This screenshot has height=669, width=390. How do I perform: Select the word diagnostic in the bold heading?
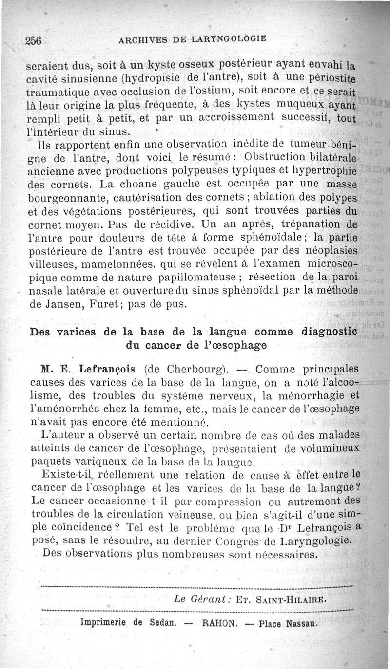coord(329,332)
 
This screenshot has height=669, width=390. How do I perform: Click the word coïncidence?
coord(76,527)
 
